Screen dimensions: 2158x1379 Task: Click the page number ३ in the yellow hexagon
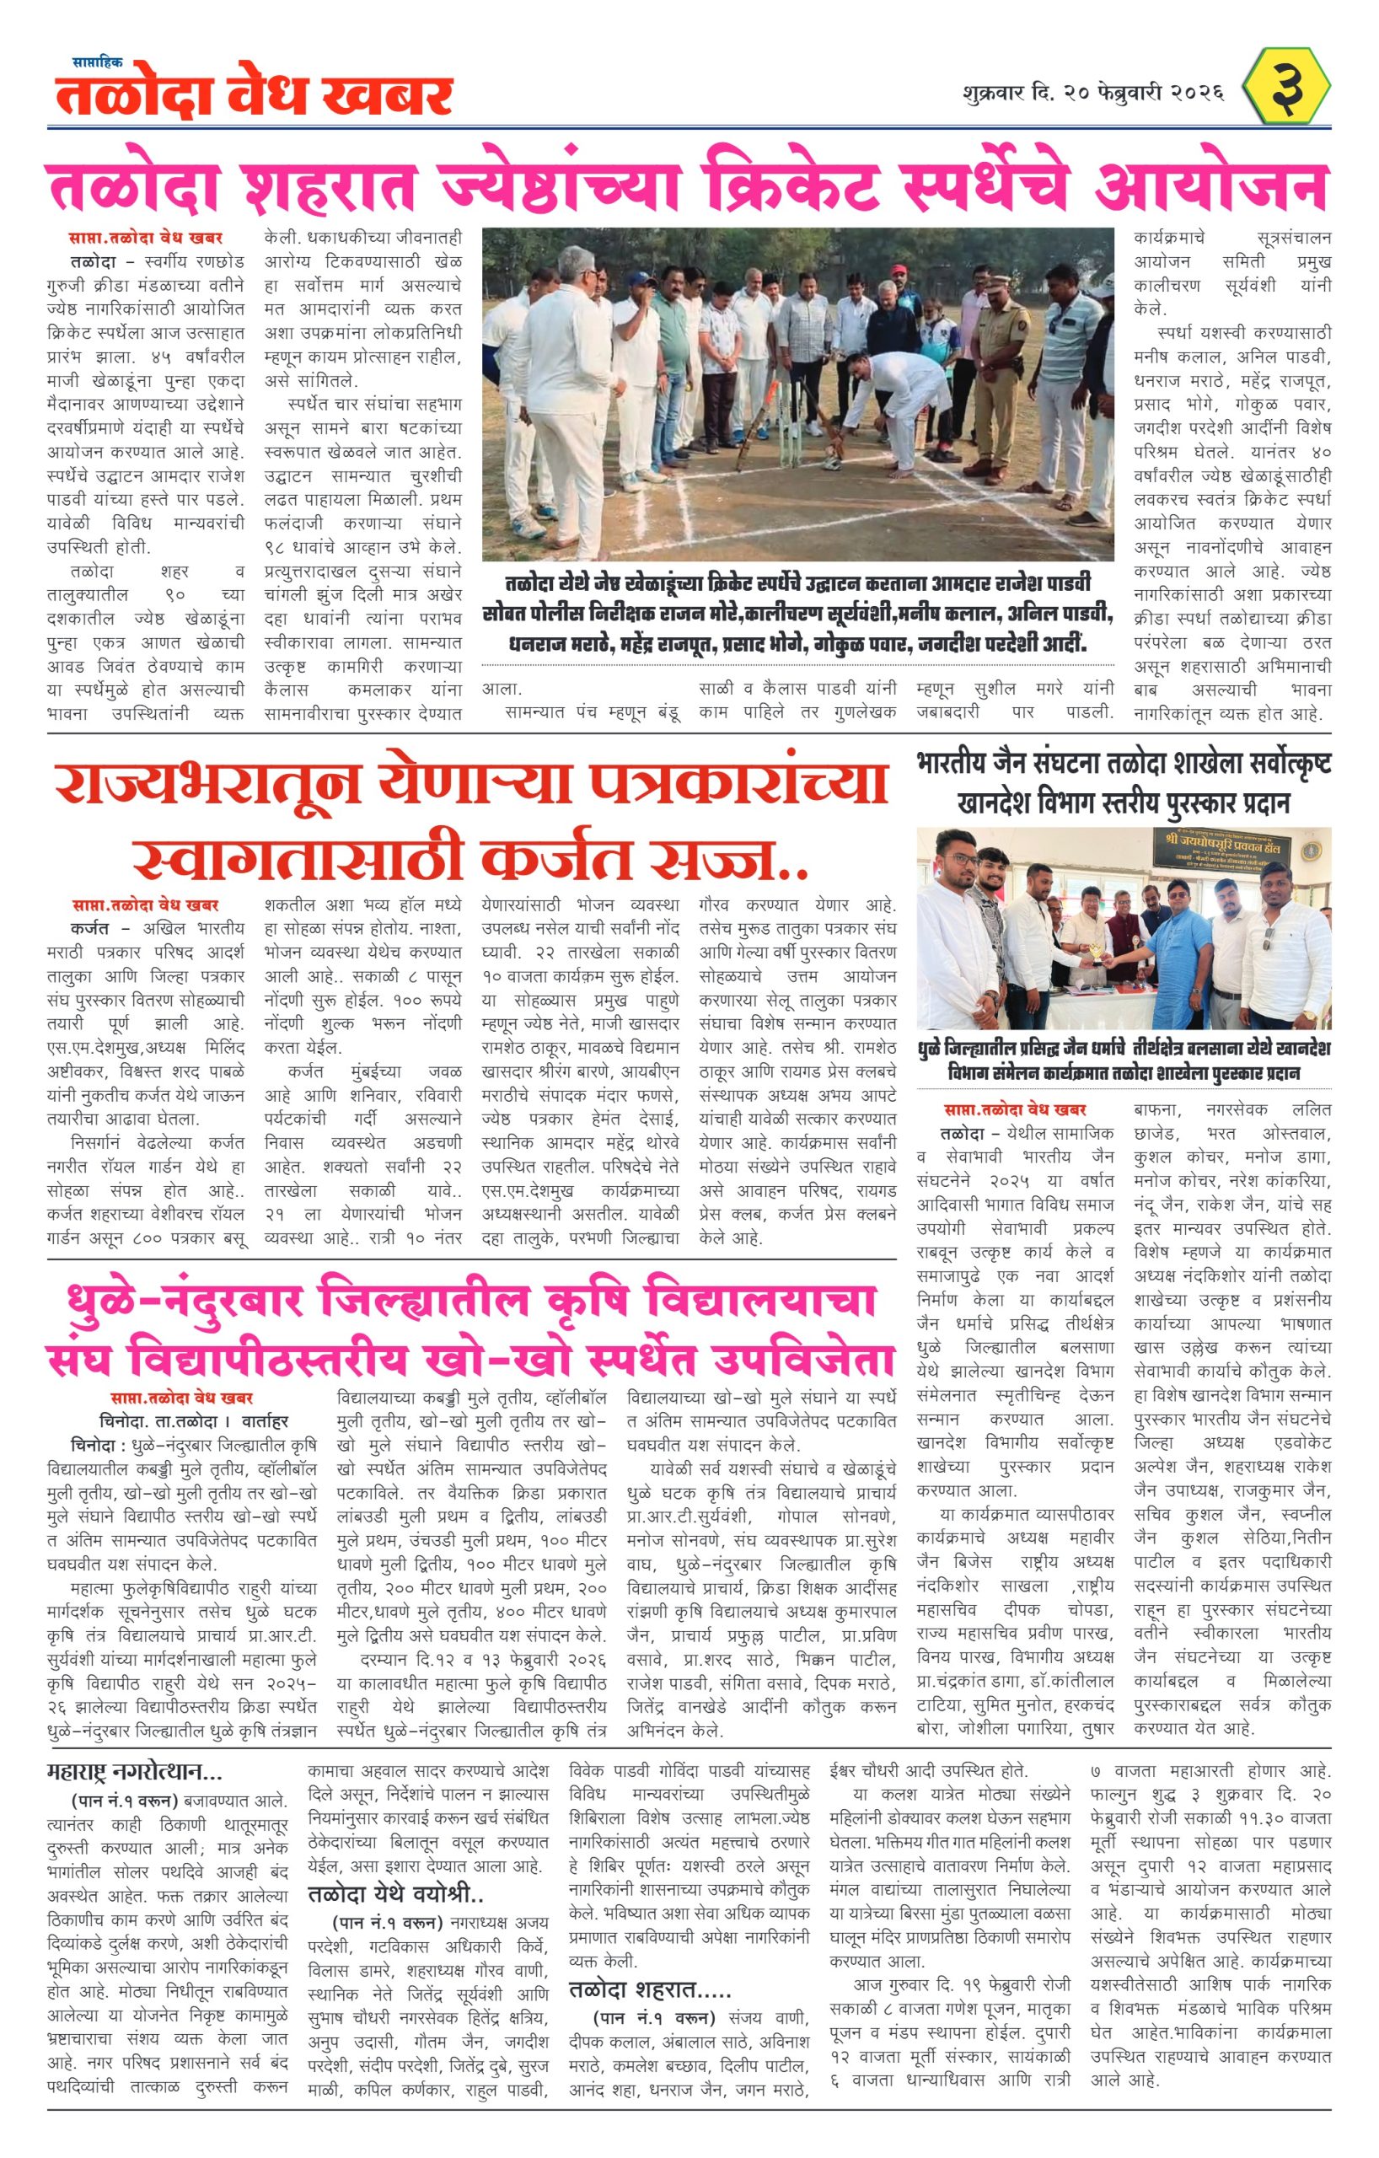click(x=1289, y=88)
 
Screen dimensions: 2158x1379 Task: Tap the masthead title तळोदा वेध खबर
click(x=254, y=96)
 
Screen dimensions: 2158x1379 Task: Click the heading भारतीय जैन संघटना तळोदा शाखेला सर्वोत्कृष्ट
click(x=1124, y=765)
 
